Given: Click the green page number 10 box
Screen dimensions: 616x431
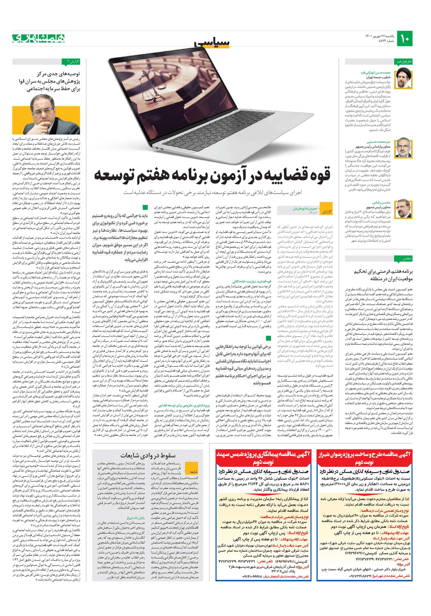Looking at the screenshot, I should [405, 39].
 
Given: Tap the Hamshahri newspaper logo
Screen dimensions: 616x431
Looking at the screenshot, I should [38, 38].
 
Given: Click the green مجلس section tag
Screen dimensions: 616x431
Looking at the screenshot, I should [403, 258].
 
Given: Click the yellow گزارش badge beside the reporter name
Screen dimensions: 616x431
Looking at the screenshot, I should [327, 212].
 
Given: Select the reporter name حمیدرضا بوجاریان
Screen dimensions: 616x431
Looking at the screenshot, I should [305, 209].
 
